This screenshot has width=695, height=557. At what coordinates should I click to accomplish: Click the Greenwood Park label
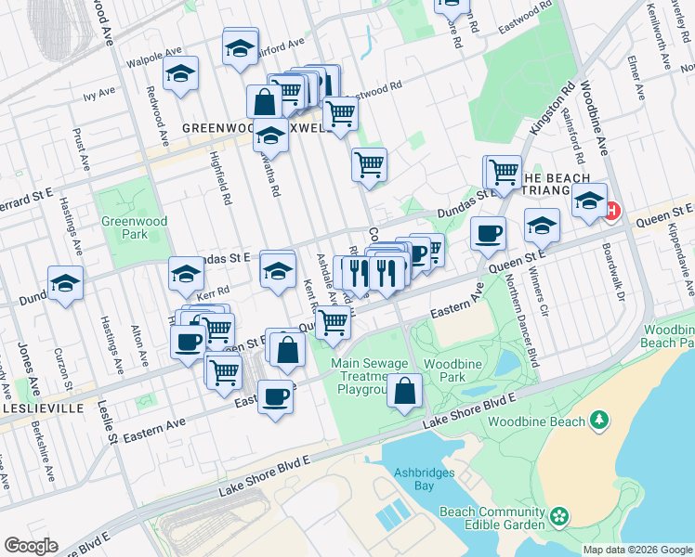125,227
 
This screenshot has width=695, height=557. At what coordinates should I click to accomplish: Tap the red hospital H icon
611,211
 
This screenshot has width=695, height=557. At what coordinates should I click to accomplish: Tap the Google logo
31,546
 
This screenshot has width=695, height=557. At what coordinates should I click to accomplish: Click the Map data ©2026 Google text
637,550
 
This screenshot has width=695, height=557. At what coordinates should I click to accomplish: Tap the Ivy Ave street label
97,95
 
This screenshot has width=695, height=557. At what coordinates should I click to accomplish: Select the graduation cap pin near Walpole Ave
181,73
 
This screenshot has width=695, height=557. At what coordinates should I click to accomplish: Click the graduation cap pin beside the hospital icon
589,201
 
